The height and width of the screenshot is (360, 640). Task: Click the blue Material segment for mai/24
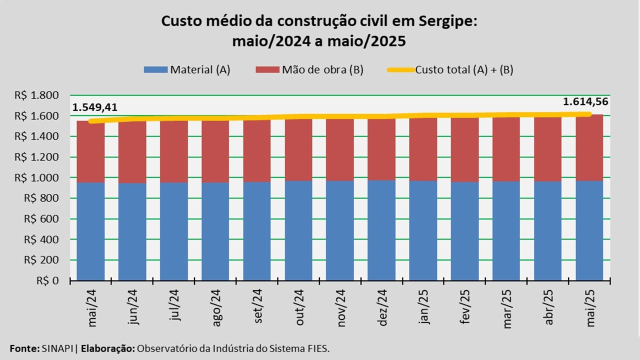90,231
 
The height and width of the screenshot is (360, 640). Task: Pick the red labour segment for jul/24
173,151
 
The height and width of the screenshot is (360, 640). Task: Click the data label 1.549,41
95,107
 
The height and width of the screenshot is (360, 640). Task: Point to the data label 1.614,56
586,102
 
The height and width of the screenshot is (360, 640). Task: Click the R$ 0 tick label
48,280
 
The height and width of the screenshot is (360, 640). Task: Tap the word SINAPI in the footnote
55,348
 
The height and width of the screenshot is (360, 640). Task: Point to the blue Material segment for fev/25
464,230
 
